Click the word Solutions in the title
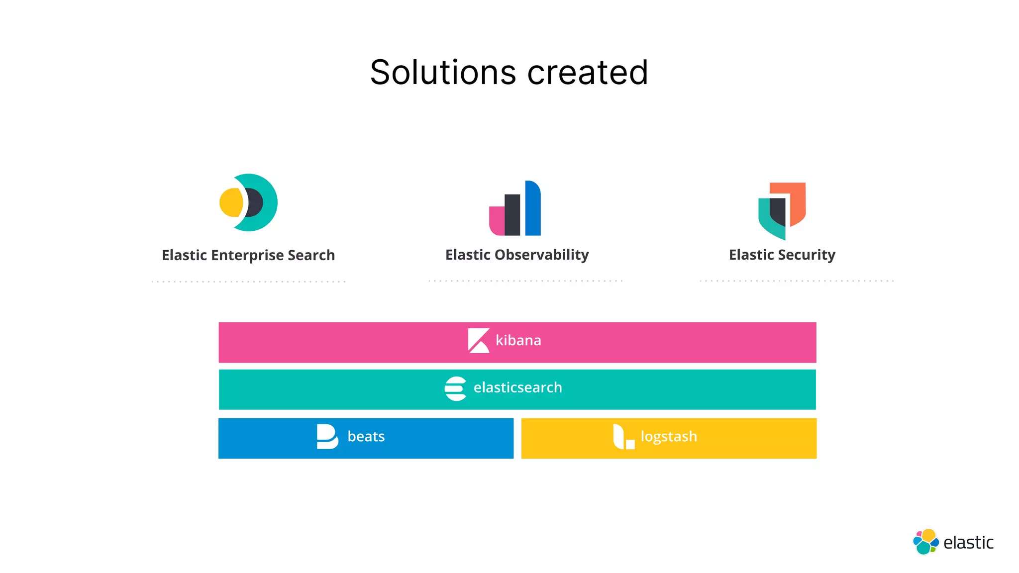(443, 73)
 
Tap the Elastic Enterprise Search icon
(249, 202)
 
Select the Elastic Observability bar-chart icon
(515, 208)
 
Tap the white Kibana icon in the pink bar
(479, 341)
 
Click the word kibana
(518, 341)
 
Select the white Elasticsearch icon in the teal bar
(455, 388)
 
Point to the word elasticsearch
(517, 387)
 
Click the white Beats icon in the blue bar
(327, 437)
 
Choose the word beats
(366, 437)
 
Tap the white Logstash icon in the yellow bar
(623, 437)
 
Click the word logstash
(668, 437)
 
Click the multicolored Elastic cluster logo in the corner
(925, 542)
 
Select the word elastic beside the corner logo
(968, 543)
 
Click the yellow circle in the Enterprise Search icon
(231, 202)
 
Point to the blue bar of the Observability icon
(533, 208)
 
